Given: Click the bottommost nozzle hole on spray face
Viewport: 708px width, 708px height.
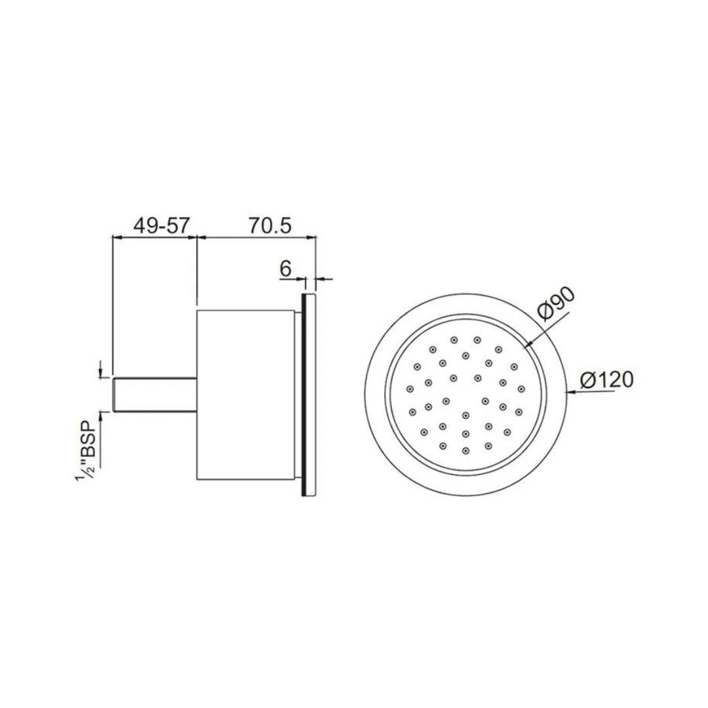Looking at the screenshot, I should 465,451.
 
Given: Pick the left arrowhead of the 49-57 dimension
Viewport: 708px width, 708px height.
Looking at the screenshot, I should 117,237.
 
